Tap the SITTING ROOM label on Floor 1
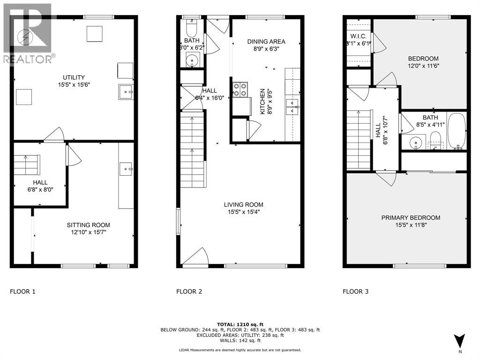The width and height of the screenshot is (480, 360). coord(88,225)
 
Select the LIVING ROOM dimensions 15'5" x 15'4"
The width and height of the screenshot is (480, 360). coord(243,212)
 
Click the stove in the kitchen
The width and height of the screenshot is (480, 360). coord(240,89)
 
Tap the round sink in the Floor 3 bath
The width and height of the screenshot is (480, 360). coord(414,142)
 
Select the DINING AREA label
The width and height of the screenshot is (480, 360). coord(266,42)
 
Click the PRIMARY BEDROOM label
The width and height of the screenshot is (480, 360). coord(411,217)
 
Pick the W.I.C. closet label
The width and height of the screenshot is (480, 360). coord(359,36)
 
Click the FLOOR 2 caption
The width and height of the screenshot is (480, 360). coord(189,292)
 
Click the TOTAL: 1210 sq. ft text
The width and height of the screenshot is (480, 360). coord(240,324)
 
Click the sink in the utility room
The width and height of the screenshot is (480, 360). coord(126,92)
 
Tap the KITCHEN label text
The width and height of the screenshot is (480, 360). coord(262,102)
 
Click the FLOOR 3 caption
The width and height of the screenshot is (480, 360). coord(355,292)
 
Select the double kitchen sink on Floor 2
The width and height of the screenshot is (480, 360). coord(292,106)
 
